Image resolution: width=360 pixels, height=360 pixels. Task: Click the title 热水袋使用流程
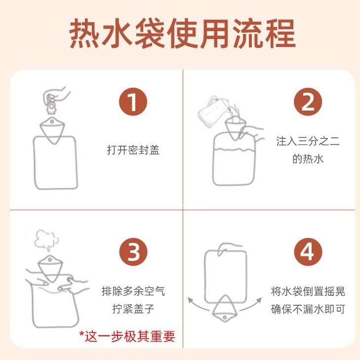tap(182, 34)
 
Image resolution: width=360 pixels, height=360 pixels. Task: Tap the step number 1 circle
tap(133, 102)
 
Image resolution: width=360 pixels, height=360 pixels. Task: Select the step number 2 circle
tap(308, 102)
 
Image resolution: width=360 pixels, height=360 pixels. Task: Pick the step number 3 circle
tap(133, 252)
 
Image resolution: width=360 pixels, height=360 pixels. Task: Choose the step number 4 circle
tap(308, 252)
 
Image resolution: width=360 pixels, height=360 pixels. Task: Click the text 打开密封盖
tap(133, 150)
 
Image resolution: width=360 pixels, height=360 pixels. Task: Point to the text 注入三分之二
tap(308, 141)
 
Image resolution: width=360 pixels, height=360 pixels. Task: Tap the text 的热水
tap(308, 159)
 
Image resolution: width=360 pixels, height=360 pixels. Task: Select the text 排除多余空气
tap(133, 291)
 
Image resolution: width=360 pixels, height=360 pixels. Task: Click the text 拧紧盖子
tap(133, 309)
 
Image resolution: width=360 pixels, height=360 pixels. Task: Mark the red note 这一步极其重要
tap(127, 336)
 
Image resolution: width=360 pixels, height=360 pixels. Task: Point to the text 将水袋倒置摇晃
tap(308, 291)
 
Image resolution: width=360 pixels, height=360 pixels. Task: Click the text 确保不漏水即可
tap(308, 309)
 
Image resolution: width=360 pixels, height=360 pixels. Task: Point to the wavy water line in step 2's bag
tap(233, 150)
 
